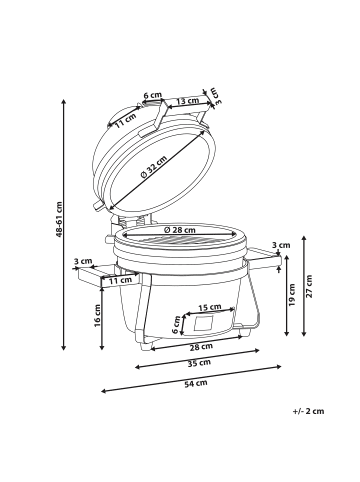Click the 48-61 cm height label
point(59,219)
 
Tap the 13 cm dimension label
point(188,100)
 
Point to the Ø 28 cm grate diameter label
point(180,230)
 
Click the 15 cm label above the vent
point(210,307)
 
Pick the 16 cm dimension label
point(97,315)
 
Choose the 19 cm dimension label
point(292,295)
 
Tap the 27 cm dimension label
point(309,286)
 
